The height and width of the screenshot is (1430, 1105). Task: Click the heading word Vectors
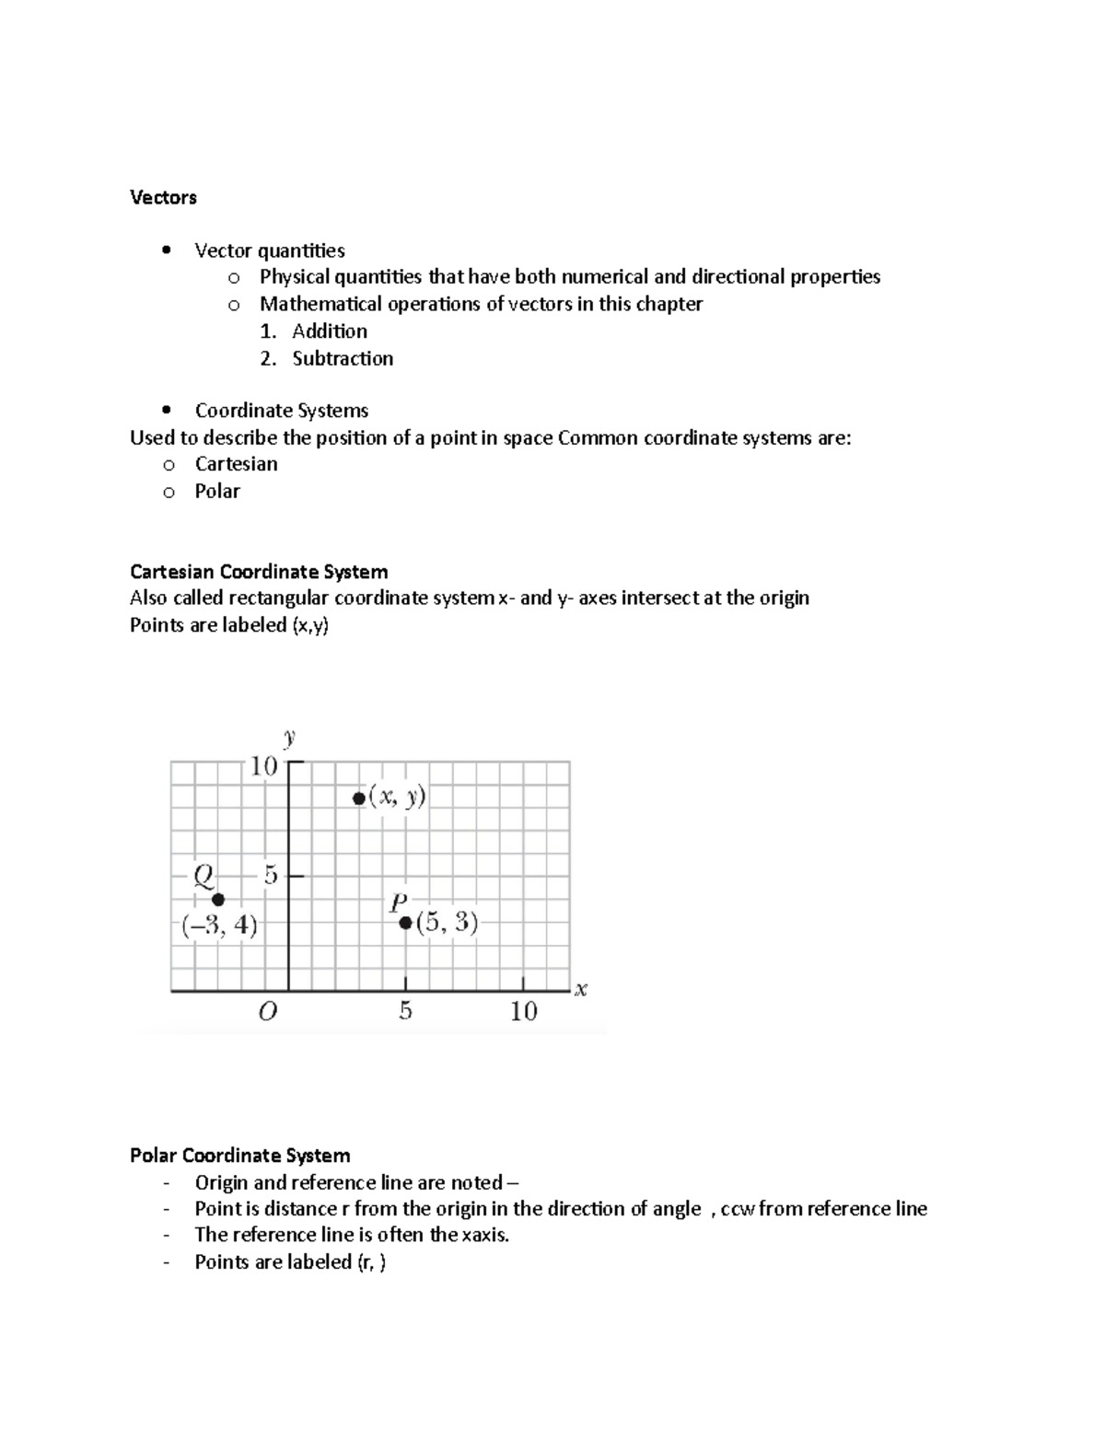163,198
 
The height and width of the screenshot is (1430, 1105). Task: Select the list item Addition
329,331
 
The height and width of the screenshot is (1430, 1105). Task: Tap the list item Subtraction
342,359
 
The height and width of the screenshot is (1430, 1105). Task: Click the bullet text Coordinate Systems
281,411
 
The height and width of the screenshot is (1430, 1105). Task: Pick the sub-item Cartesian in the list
236,464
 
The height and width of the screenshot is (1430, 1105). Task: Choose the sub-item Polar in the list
216,492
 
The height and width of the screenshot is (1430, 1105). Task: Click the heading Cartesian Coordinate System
259,572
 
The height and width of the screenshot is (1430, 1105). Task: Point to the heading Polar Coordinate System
239,1156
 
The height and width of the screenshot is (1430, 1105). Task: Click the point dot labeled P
405,923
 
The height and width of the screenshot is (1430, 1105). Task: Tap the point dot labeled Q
218,900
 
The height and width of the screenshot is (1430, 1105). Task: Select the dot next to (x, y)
359,798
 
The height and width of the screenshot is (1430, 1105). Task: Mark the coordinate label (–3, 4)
219,925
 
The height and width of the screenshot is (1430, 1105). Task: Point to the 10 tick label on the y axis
263,766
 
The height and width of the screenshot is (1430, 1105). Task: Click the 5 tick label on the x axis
405,1012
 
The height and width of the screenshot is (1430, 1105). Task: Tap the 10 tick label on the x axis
523,1012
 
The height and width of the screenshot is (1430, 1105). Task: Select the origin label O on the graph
267,1013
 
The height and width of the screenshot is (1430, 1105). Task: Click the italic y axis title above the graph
289,737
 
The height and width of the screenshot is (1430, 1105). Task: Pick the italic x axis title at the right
581,990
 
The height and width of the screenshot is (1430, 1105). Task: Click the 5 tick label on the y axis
270,876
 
